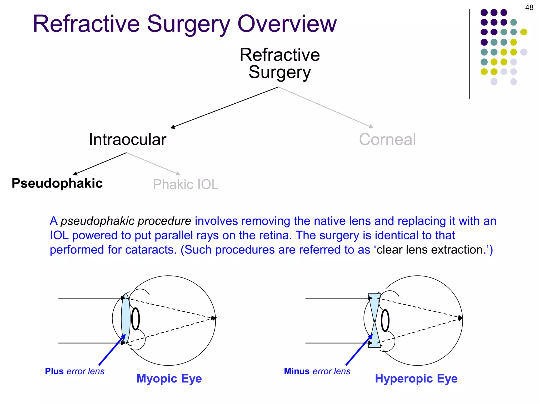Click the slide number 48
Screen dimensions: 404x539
coord(529,7)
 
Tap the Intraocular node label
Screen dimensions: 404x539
coord(128,139)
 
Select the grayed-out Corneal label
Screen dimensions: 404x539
coord(387,139)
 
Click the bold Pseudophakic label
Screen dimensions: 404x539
coord(57,183)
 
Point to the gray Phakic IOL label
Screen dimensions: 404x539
coord(186,184)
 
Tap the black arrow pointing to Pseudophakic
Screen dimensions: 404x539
coord(100,164)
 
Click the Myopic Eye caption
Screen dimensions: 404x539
coord(169,379)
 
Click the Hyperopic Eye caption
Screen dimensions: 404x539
coord(416,379)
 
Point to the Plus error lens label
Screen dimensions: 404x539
coord(74,371)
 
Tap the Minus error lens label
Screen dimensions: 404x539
coord(317,371)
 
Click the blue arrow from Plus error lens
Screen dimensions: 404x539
coord(112,350)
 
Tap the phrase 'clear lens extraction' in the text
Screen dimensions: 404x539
coord(432,250)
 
